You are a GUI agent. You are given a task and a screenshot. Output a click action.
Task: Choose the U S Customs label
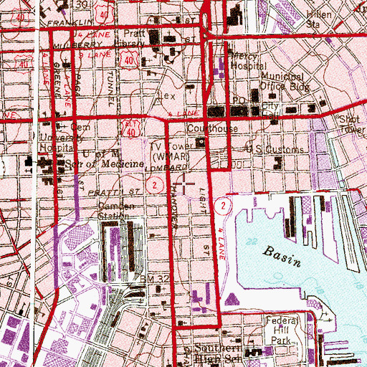tap(264, 151)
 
